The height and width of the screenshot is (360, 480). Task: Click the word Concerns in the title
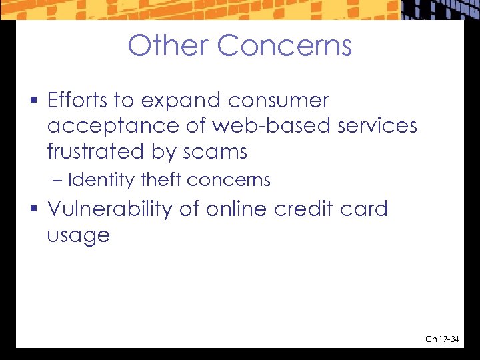coord(285,46)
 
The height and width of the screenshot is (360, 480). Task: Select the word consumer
coord(279,101)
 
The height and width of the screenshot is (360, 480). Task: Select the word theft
coord(162,180)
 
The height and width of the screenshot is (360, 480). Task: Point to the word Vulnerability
coord(110,209)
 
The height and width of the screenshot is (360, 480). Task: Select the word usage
coord(78,236)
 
